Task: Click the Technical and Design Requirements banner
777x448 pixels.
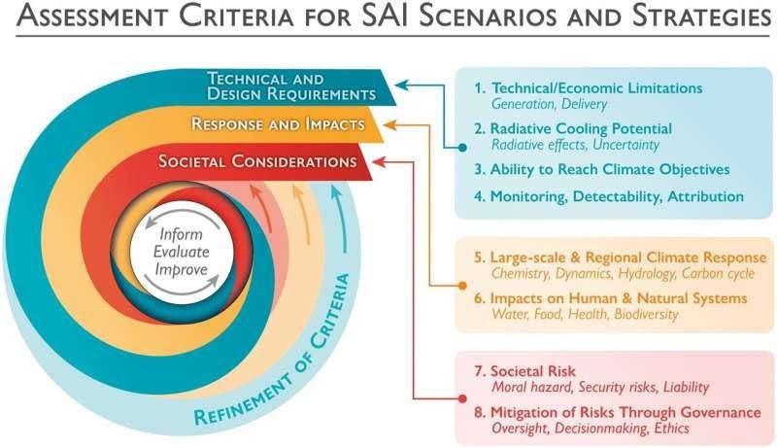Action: pos(291,86)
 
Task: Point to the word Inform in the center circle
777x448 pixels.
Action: pos(184,233)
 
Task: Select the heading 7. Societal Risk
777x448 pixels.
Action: pos(524,371)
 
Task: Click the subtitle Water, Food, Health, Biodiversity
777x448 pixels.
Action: pos(585,315)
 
